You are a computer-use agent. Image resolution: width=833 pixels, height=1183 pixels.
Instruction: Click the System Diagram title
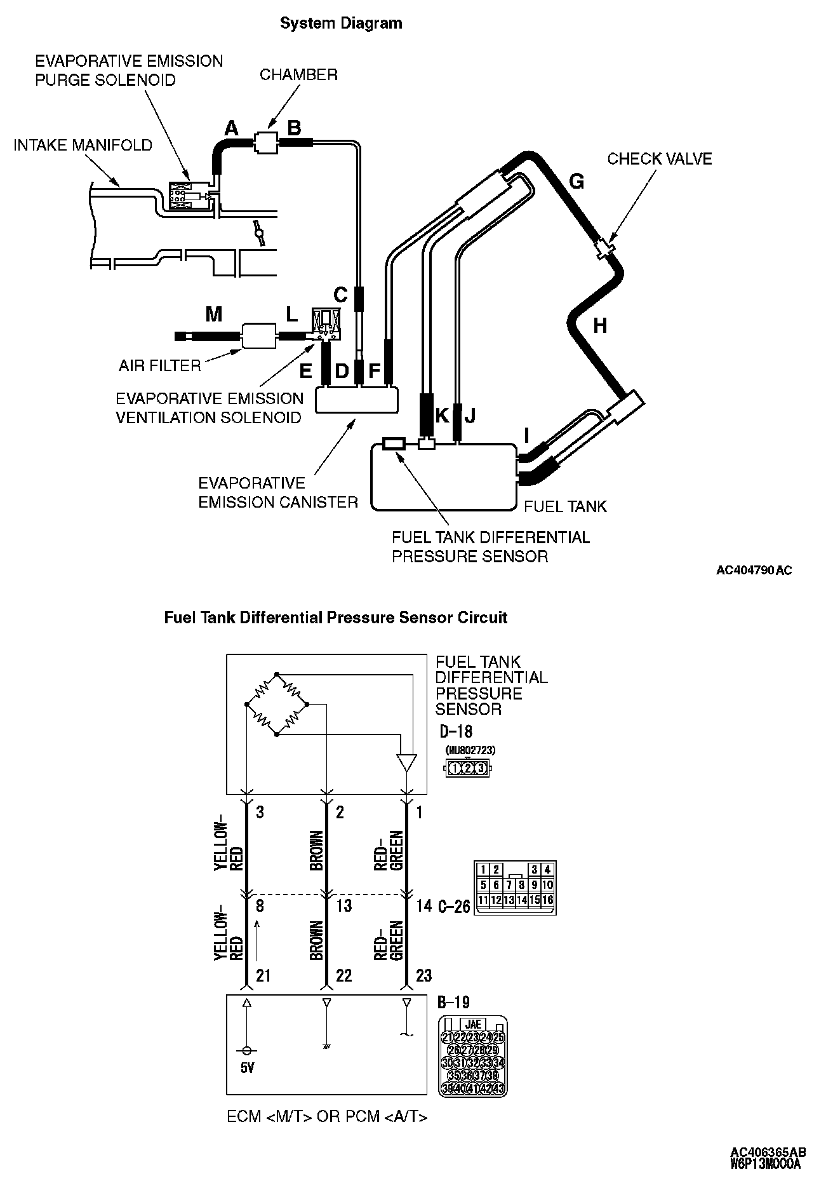click(341, 24)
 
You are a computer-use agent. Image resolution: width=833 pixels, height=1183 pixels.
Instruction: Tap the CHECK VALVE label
click(659, 159)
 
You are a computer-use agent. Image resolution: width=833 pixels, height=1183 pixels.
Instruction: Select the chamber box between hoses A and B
click(265, 143)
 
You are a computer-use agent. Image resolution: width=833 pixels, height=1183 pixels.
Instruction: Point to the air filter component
click(258, 335)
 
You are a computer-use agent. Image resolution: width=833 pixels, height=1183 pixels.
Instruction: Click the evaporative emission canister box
click(357, 400)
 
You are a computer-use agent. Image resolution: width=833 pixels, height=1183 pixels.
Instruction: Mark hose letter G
click(576, 182)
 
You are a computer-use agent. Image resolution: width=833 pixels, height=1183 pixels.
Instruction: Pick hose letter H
click(599, 326)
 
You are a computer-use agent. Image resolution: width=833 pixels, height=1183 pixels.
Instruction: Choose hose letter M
click(213, 314)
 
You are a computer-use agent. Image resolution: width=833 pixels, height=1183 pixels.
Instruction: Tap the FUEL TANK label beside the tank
click(565, 506)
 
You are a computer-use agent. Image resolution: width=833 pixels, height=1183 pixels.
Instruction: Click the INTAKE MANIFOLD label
click(83, 145)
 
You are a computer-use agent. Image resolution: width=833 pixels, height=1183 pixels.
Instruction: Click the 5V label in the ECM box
click(248, 1068)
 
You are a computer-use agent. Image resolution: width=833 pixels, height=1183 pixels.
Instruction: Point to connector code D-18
click(456, 731)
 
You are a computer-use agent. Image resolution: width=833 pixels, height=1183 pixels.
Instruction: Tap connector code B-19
click(453, 1003)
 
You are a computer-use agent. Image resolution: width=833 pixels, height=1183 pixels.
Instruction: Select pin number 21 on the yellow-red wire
click(263, 975)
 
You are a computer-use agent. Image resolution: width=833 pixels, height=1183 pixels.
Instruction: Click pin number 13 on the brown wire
click(343, 905)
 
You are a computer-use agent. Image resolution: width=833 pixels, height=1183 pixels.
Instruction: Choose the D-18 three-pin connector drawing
click(467, 768)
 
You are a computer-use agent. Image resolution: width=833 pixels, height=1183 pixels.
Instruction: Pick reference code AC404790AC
click(754, 571)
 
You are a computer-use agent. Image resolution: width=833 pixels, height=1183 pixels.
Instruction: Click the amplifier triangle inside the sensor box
click(406, 762)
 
